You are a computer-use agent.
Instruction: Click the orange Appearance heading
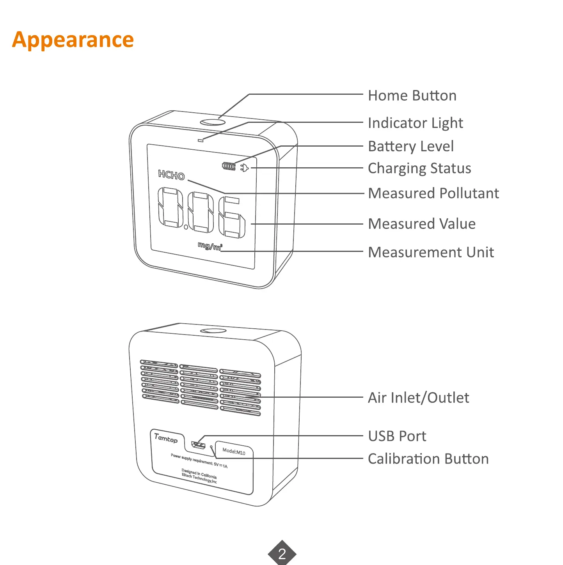click(x=73, y=40)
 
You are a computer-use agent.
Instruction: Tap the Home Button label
click(x=412, y=96)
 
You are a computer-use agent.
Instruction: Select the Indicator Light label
click(x=415, y=123)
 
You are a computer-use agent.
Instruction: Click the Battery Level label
click(x=411, y=147)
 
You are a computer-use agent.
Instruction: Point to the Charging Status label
click(x=419, y=168)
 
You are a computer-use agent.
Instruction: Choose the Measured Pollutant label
click(x=433, y=193)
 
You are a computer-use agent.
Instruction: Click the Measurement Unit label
click(x=431, y=252)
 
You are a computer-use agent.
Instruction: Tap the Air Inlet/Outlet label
click(x=419, y=398)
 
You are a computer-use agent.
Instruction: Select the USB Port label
click(x=397, y=436)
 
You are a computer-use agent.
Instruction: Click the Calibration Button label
click(x=428, y=459)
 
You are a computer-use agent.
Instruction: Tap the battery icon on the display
click(x=229, y=166)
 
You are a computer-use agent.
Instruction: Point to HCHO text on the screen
click(x=171, y=175)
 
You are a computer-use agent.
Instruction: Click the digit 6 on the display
click(x=232, y=218)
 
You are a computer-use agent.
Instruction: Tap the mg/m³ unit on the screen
click(x=210, y=246)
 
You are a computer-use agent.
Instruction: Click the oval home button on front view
click(x=213, y=122)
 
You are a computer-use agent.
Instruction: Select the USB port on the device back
click(x=199, y=445)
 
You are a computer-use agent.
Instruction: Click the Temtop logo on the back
click(x=166, y=438)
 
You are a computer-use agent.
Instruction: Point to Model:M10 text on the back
click(x=234, y=452)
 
